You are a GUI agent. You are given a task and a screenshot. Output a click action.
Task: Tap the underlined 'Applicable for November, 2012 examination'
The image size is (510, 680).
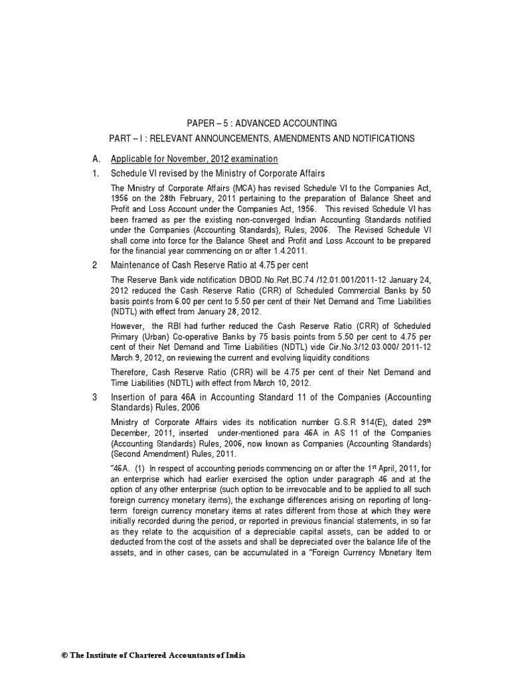194,159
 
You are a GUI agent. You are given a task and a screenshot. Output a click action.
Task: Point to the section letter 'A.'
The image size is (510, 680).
96,159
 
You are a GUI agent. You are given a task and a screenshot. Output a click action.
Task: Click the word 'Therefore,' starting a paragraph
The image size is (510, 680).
130,372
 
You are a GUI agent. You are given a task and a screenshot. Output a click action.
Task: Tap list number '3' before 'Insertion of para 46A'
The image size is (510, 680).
95,397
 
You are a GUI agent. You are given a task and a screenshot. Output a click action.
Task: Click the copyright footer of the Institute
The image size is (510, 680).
153,655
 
